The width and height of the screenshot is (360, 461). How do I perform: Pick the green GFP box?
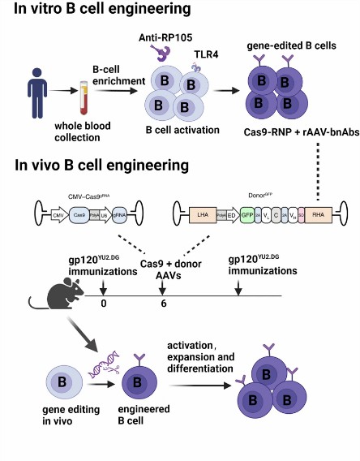248,216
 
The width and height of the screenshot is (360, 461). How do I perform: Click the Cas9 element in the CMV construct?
79,216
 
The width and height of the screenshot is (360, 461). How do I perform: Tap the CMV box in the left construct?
58,216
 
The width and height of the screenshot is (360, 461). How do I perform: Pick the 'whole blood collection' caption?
80,133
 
